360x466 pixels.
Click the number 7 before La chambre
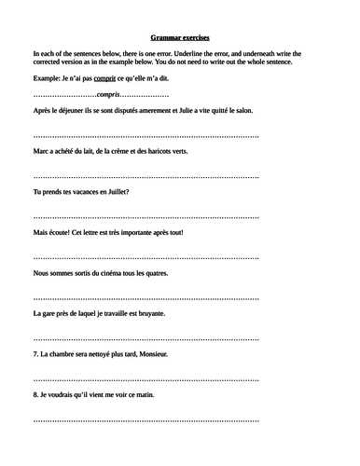coord(35,354)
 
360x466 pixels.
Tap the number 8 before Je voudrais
coord(35,395)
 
